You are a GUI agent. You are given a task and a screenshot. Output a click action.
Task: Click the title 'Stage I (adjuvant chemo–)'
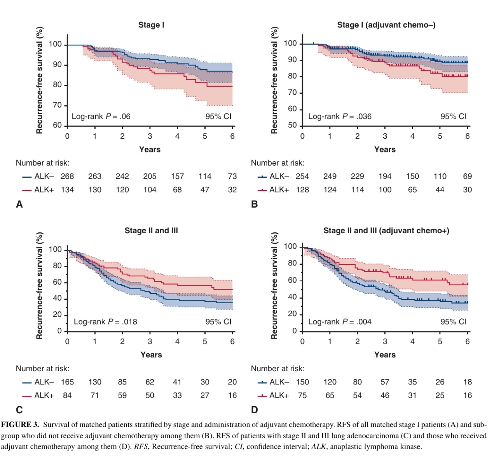386,25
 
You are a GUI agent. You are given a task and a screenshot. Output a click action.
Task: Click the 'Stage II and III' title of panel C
151,231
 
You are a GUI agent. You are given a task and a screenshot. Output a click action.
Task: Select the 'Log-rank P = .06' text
101,116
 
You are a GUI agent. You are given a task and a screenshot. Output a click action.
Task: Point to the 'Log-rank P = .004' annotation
340,321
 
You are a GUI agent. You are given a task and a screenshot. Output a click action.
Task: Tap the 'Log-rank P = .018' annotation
105,321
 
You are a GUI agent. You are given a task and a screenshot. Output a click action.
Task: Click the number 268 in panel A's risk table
67,176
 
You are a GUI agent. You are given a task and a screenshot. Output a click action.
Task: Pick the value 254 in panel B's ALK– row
302,176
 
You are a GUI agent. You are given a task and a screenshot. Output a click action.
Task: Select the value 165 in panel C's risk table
67,382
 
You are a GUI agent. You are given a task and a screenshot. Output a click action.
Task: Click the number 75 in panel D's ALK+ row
302,395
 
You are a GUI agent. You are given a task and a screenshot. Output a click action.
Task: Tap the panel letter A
19,204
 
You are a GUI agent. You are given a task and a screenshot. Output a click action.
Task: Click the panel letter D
255,410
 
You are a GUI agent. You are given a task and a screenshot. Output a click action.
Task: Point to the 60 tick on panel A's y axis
57,125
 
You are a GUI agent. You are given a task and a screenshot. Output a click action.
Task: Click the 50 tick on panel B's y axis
292,125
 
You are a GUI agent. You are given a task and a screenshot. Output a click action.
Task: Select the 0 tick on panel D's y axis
295,330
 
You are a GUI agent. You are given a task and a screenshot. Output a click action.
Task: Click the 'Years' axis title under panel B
385,150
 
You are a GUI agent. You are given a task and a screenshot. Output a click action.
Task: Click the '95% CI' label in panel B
453,116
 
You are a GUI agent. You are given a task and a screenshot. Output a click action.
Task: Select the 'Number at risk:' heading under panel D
278,369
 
